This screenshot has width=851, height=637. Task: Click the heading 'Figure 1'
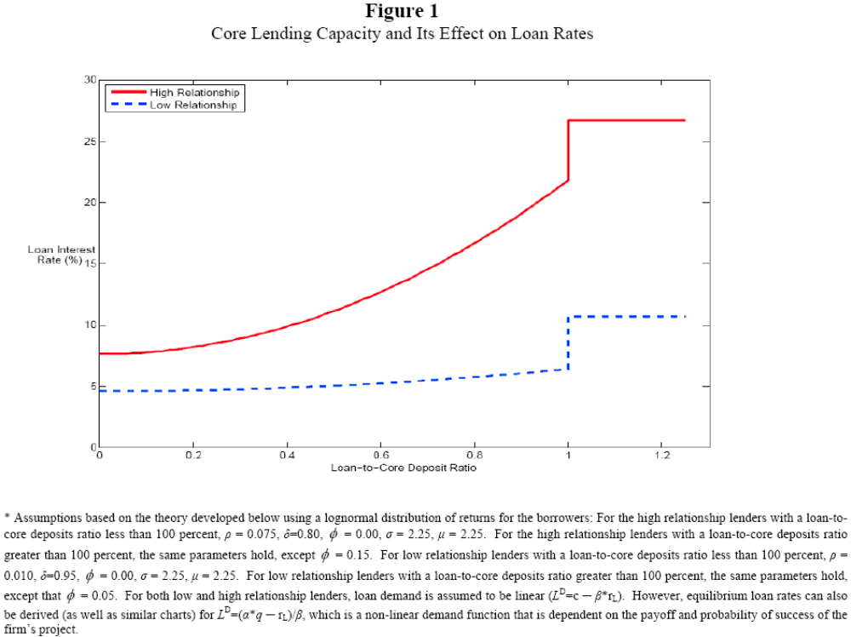tap(401, 11)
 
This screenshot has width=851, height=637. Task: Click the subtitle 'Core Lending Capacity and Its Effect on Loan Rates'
tap(401, 34)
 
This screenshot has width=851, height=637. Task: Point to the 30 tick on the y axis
tap(90, 80)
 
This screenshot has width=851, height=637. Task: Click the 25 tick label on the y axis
tap(90, 141)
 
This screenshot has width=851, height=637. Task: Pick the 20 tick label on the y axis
tap(90, 203)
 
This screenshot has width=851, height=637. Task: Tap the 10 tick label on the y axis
tap(90, 325)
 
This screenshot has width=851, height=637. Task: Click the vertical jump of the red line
tap(568, 150)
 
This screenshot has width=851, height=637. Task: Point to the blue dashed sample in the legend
tap(127, 105)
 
